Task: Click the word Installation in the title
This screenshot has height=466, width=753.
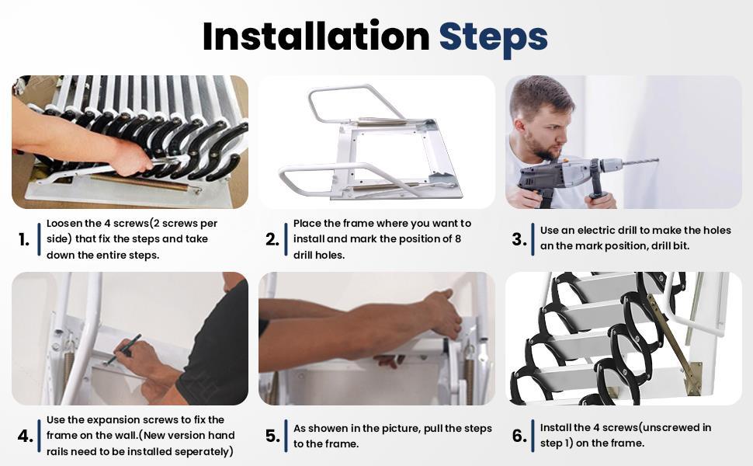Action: [315, 37]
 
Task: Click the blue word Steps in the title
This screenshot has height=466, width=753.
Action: [493, 37]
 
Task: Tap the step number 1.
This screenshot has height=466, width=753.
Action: [23, 240]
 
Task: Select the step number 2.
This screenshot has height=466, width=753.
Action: [272, 240]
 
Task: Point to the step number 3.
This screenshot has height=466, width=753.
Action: [519, 240]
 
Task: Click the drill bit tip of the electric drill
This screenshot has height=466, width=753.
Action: [656, 161]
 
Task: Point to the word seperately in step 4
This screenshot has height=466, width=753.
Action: [197, 452]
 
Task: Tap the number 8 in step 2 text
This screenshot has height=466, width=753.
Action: [457, 239]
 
